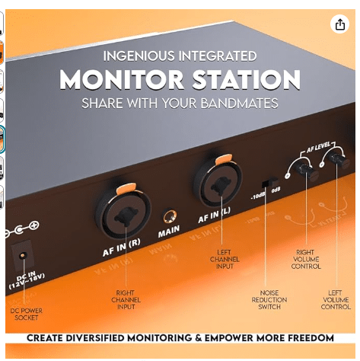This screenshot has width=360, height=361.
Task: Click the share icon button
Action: pos(339,24)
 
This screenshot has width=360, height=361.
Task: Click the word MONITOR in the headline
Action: pos(122,79)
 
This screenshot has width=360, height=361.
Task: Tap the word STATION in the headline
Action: pos(246,79)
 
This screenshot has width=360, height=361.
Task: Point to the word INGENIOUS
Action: pos(139,56)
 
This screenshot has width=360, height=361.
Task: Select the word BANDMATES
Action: pos(239,104)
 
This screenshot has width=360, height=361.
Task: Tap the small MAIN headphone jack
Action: pos(170,216)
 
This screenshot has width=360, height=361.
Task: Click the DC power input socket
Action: pos(22,254)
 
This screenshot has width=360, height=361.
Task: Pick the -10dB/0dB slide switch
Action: pos(269,182)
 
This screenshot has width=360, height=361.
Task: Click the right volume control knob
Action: pos(307,170)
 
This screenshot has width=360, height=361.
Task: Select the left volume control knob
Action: pos(338,160)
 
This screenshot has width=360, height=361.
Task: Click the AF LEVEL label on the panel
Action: pos(319,147)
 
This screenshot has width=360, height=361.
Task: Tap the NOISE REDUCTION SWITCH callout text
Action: pos(269,300)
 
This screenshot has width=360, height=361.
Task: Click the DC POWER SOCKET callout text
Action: pos(26,314)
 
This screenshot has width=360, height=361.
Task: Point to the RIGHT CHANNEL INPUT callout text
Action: pos(126,300)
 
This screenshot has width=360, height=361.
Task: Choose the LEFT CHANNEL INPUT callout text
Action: pos(225,259)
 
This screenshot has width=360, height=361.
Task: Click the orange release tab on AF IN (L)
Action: pos(224,159)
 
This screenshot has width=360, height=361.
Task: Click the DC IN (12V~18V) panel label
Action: pos(27,280)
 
